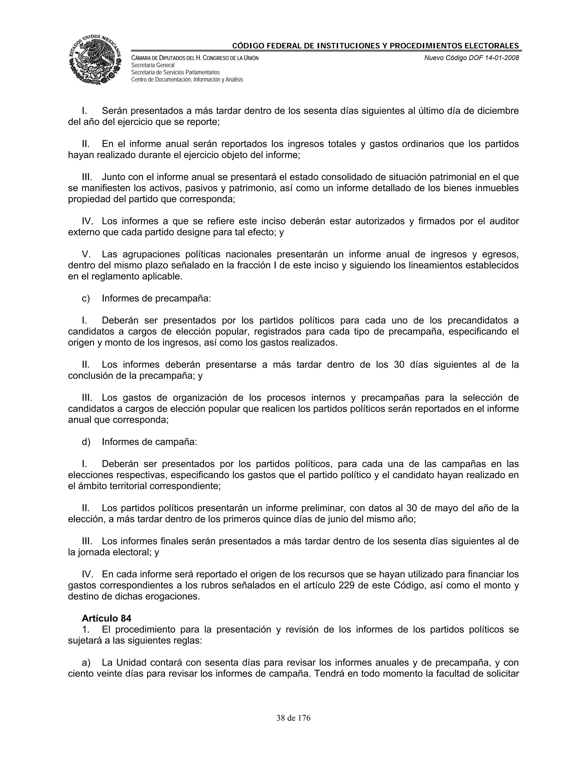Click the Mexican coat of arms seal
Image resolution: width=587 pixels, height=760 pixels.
click(x=95, y=59)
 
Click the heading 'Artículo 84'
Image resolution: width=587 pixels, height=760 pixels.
click(x=106, y=618)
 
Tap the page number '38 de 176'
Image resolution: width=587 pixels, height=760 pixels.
click(x=293, y=718)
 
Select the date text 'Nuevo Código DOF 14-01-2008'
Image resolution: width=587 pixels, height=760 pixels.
click(x=471, y=58)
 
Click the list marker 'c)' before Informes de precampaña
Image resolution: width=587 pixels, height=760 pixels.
click(x=85, y=298)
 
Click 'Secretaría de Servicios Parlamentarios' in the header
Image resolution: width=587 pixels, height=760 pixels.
click(x=175, y=72)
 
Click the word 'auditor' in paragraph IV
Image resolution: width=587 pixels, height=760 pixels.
click(x=504, y=221)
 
